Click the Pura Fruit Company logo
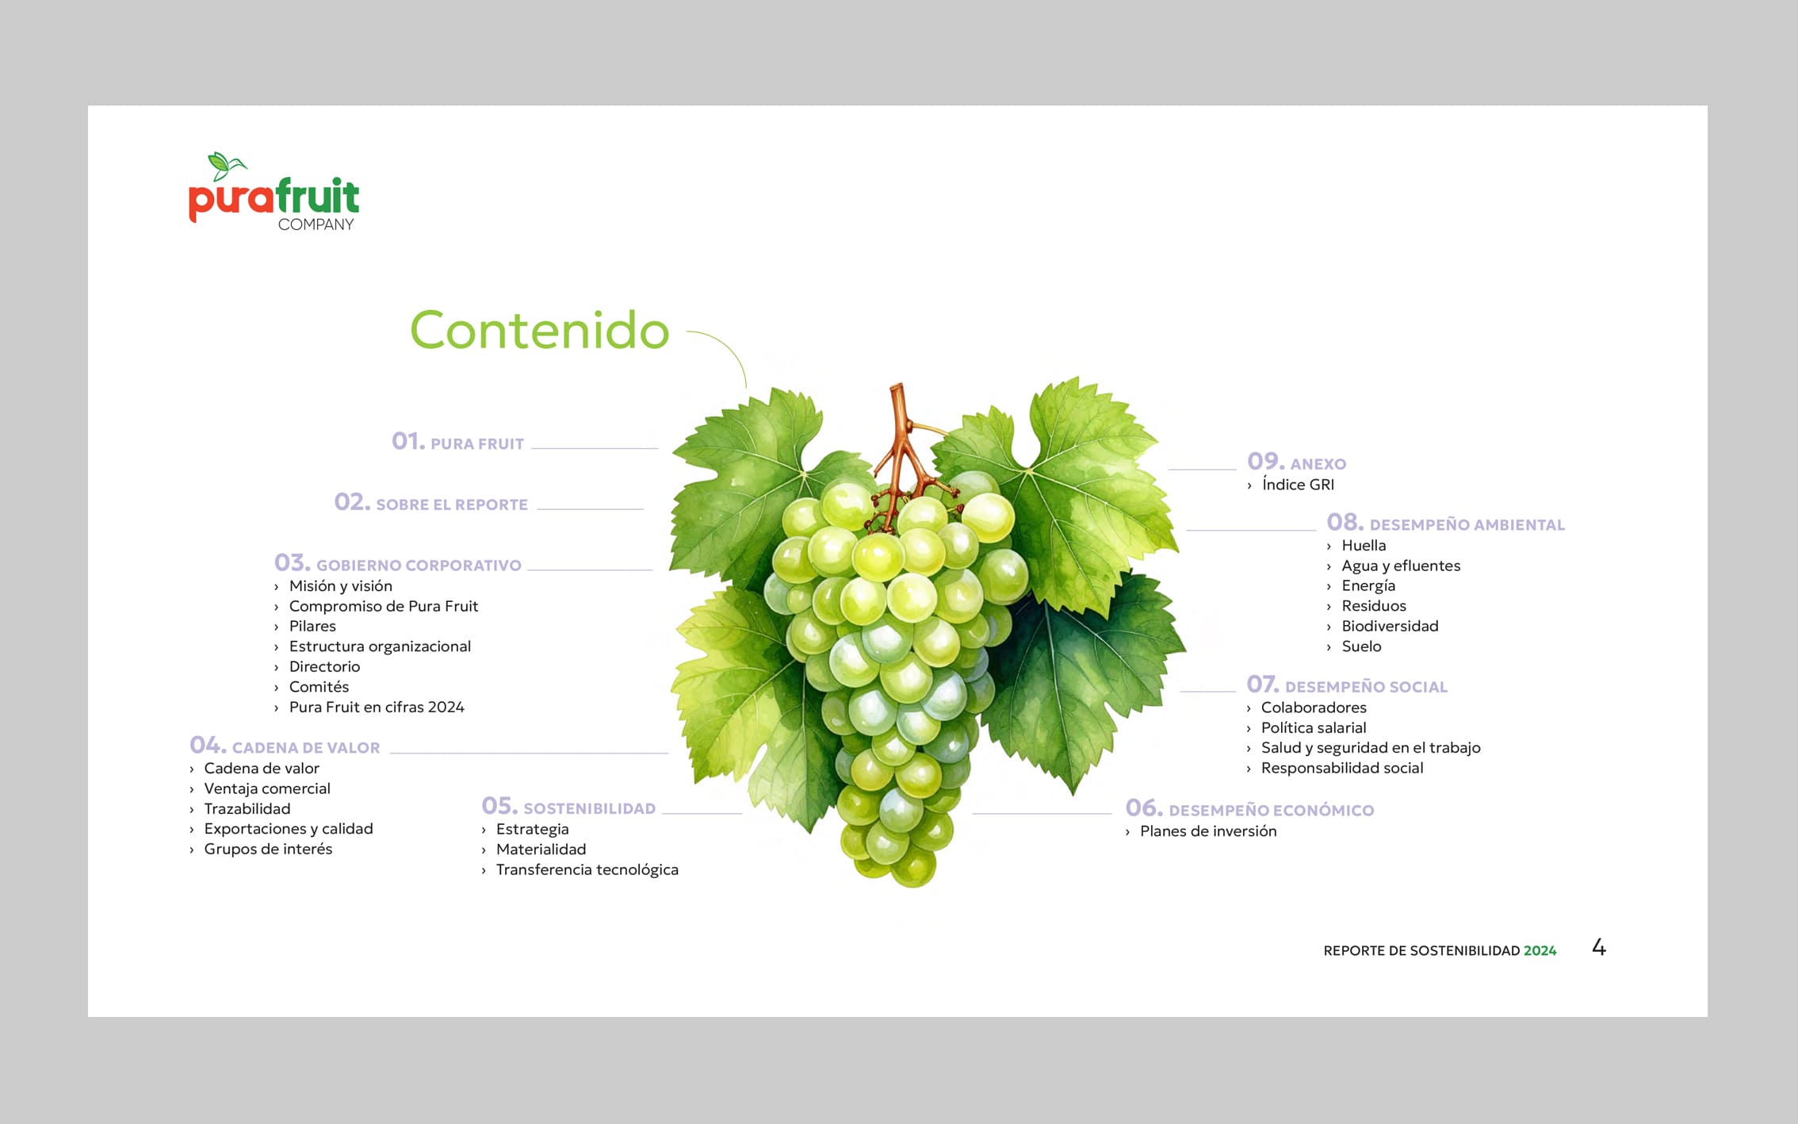[274, 192]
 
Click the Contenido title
[539, 330]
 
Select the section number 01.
[408, 441]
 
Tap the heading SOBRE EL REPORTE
[452, 504]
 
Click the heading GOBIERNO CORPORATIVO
[419, 566]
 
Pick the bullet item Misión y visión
[341, 586]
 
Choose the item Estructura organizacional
[380, 646]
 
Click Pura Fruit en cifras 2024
[377, 707]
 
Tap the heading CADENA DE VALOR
[306, 748]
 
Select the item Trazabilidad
[247, 808]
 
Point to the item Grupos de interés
[268, 849]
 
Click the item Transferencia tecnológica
[587, 869]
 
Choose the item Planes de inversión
[1208, 831]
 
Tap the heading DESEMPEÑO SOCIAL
[1366, 687]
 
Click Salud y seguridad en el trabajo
[1371, 748]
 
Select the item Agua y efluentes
[1401, 566]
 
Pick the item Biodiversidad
[1390, 626]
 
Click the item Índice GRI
[1298, 485]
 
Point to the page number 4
[1599, 947]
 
